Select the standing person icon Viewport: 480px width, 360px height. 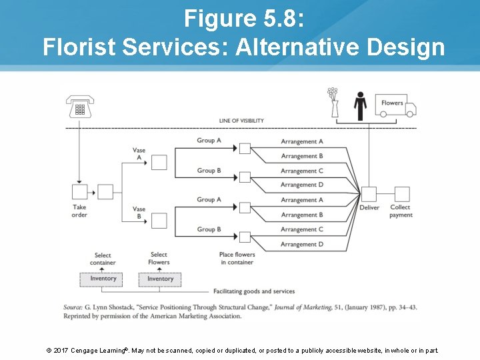pos(360,105)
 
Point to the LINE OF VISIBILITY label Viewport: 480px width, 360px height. pos(241,121)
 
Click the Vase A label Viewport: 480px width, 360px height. pos(139,154)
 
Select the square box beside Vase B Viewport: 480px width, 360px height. pos(159,220)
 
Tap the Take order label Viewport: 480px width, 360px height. pos(80,211)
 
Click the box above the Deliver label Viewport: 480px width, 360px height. pos(369,194)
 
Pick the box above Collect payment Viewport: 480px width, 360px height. pos(401,194)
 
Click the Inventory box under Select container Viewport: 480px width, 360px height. pos(103,279)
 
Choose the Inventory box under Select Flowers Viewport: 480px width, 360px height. pos(159,279)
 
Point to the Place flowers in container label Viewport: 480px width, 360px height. pos(237,258)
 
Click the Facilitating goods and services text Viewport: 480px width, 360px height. pos(254,291)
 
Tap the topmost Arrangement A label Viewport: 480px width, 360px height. pos(302,141)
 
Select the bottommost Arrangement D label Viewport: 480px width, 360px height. pos(302,244)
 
